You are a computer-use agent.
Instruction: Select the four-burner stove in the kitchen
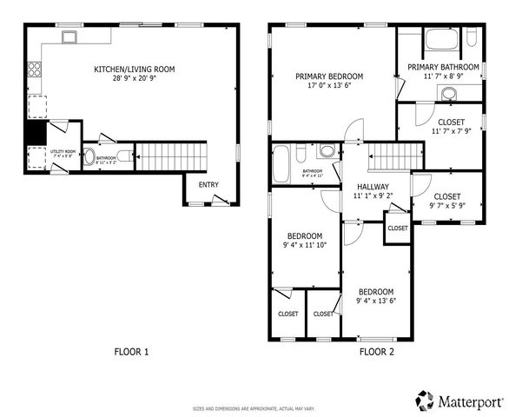[x=35, y=69]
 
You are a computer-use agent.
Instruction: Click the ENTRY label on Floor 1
[x=208, y=184]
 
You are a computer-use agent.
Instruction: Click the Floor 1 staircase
[x=172, y=156]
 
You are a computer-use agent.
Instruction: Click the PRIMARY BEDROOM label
[x=328, y=76]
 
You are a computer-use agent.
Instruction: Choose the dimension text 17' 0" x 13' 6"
[x=328, y=87]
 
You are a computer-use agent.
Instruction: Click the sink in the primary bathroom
[x=449, y=93]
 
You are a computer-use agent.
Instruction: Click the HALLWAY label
[x=371, y=186]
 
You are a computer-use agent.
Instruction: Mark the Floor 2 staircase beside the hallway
[x=387, y=157]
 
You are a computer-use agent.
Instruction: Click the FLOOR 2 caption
[x=377, y=352]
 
